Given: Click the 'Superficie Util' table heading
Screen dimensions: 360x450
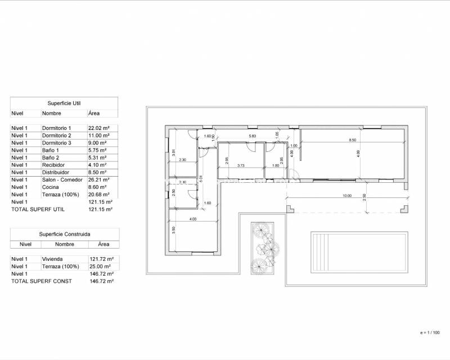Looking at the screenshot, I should click(65, 103).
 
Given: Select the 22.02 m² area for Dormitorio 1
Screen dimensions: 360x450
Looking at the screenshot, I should click(100, 128).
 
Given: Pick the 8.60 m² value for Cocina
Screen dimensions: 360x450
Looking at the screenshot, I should click(98, 187).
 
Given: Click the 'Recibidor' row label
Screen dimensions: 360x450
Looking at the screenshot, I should click(54, 165).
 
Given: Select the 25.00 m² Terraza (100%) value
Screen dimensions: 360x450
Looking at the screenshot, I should click(100, 266).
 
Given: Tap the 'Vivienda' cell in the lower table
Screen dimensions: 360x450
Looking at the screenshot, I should click(52, 259).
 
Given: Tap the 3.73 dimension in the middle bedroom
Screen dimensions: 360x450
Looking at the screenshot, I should click(241, 165).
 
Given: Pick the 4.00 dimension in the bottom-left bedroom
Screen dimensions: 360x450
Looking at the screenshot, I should click(193, 219).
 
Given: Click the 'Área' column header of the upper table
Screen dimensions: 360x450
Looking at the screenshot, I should click(94, 113).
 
